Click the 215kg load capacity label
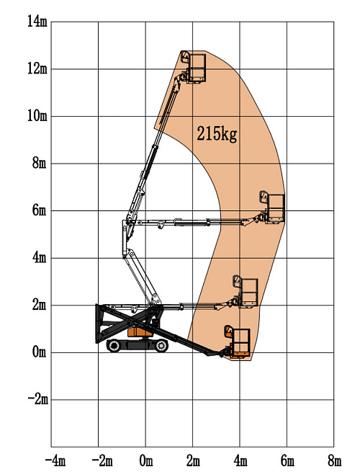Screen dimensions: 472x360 pyautogui.click(x=217, y=133)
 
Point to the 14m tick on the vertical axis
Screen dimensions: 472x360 pyautogui.click(x=37, y=22)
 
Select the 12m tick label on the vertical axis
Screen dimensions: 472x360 pyautogui.click(x=37, y=69)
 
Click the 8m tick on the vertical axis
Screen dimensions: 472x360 pyautogui.click(x=39, y=164)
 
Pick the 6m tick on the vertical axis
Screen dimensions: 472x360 pyautogui.click(x=39, y=210)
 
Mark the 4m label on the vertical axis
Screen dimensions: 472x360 pyautogui.click(x=39, y=258)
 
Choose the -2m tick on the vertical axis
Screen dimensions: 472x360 pyautogui.click(x=35, y=399)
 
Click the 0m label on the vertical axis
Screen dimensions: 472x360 pyautogui.click(x=39, y=352)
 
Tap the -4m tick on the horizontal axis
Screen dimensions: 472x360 pyautogui.click(x=54, y=460)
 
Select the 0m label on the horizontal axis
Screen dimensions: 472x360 pyautogui.click(x=146, y=460)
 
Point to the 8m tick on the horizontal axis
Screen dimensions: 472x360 pyautogui.click(x=334, y=460)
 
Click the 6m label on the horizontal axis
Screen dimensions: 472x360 pyautogui.click(x=287, y=460)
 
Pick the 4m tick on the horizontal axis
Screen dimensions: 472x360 pyautogui.click(x=240, y=460)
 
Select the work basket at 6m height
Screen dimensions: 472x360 pyautogui.click(x=274, y=208)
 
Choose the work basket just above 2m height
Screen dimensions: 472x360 pyautogui.click(x=246, y=293)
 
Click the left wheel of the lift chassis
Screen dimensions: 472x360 pyautogui.click(x=114, y=347)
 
